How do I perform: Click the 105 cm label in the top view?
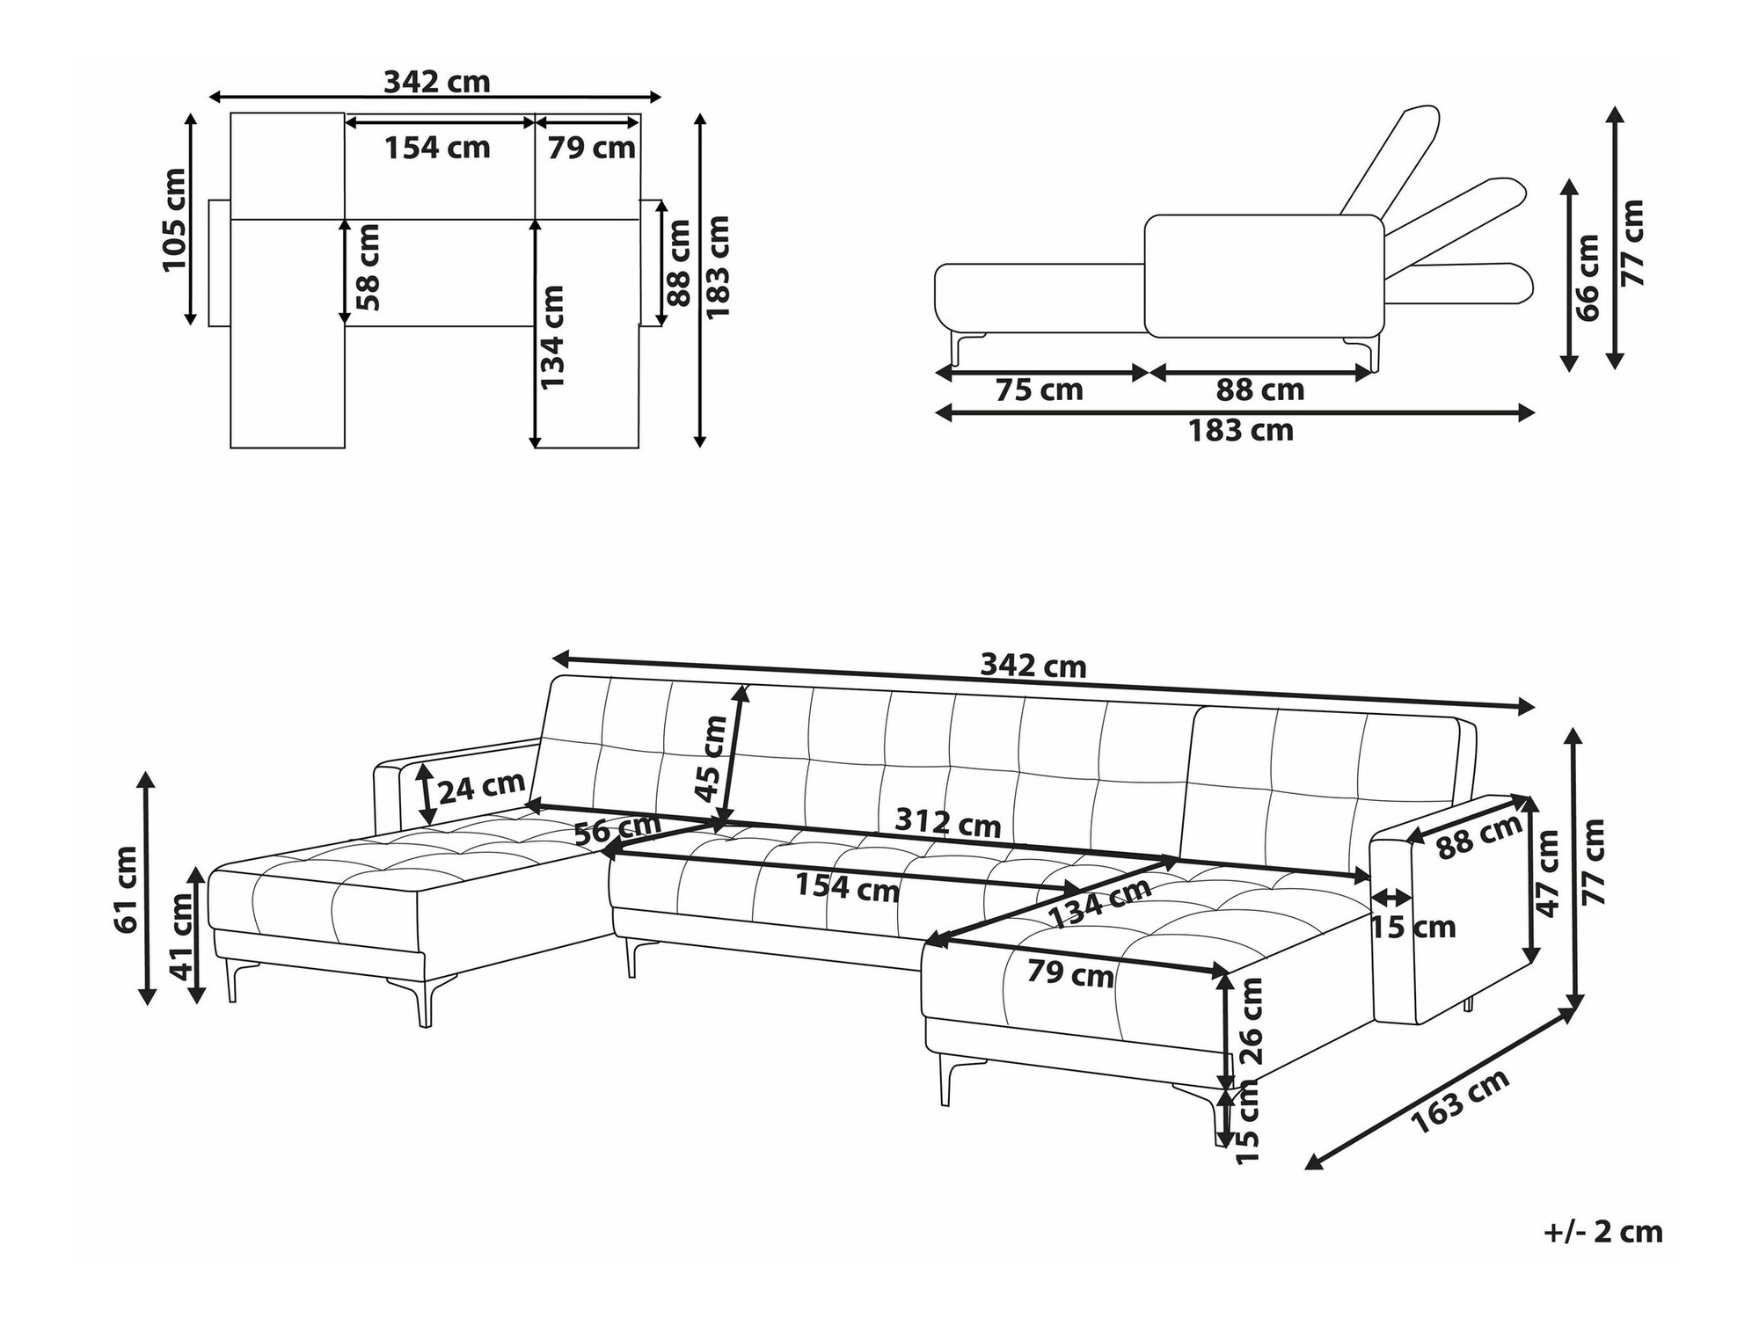pyautogui.click(x=174, y=220)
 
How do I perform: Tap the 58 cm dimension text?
pyautogui.click(x=369, y=267)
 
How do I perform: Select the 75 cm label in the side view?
pyautogui.click(x=1039, y=390)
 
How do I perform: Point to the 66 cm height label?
pyautogui.click(x=1588, y=278)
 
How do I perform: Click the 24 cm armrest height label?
pyautogui.click(x=481, y=786)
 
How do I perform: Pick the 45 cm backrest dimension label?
pyautogui.click(x=711, y=759)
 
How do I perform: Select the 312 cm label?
pyautogui.click(x=948, y=823)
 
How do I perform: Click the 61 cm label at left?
pyautogui.click(x=125, y=890)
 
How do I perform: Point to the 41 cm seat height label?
pyautogui.click(x=182, y=936)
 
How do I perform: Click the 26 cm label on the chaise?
pyautogui.click(x=1250, y=1021)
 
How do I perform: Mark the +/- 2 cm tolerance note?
pyautogui.click(x=1603, y=1232)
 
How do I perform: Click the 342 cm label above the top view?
pyautogui.click(x=437, y=82)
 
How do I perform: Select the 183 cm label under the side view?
pyautogui.click(x=1241, y=431)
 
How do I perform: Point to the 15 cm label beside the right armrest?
pyautogui.click(x=1413, y=927)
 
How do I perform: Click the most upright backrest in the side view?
pyautogui.click(x=1390, y=159)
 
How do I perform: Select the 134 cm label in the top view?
pyautogui.click(x=551, y=337)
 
